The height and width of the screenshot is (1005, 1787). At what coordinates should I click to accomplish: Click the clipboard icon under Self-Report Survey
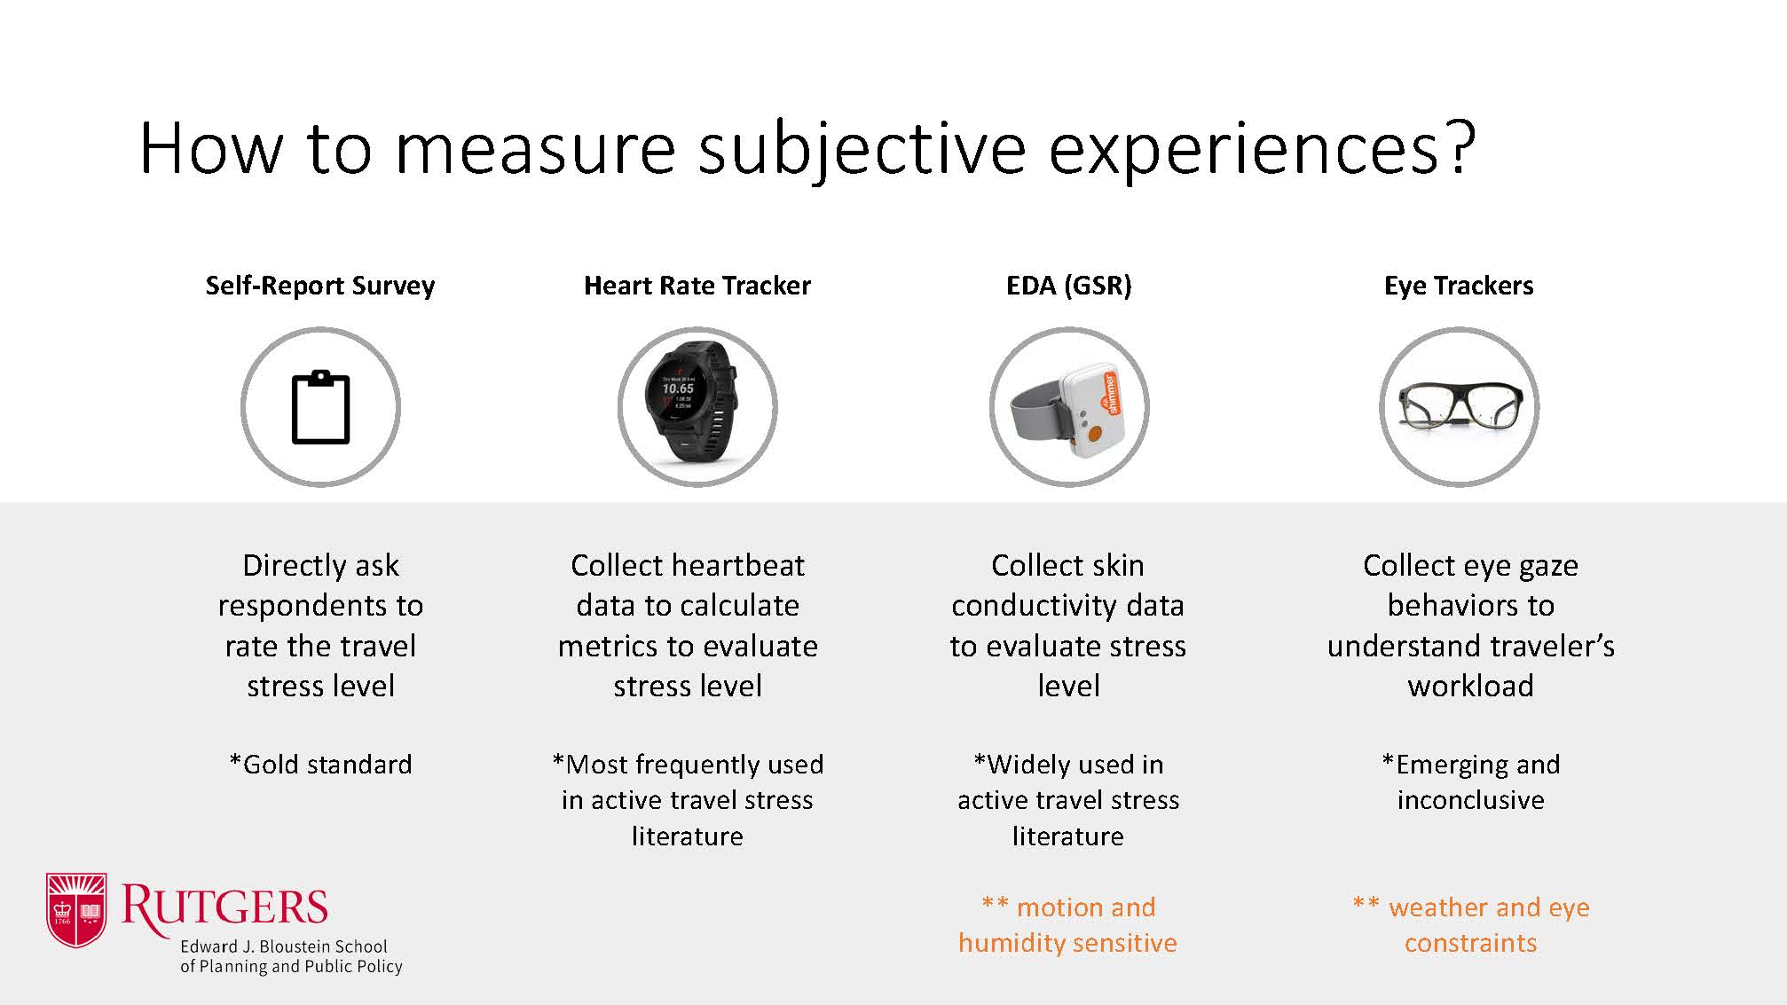(x=320, y=407)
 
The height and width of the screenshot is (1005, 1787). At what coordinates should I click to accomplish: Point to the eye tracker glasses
(x=1460, y=405)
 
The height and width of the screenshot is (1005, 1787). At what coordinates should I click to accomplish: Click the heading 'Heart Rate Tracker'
(x=697, y=286)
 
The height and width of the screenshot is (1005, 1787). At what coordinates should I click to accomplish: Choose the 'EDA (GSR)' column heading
(x=1069, y=286)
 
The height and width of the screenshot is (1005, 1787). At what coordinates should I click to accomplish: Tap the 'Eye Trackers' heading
(x=1459, y=286)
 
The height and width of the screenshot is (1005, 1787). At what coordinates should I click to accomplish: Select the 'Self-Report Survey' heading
(x=320, y=286)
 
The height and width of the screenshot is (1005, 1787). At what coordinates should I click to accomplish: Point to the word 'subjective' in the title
(x=862, y=149)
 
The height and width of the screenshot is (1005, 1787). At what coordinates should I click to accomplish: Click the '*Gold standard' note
(x=320, y=764)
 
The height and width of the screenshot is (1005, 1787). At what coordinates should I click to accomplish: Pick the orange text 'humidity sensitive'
(x=1067, y=942)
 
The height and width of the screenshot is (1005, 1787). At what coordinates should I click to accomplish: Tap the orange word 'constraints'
(x=1470, y=942)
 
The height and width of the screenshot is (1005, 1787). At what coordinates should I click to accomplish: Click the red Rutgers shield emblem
(x=76, y=909)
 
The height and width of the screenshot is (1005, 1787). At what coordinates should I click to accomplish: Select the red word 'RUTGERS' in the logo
(x=224, y=907)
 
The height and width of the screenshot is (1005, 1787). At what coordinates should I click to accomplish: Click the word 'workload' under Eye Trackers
(x=1470, y=686)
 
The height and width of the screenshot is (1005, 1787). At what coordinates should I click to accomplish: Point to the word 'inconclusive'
(x=1470, y=800)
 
